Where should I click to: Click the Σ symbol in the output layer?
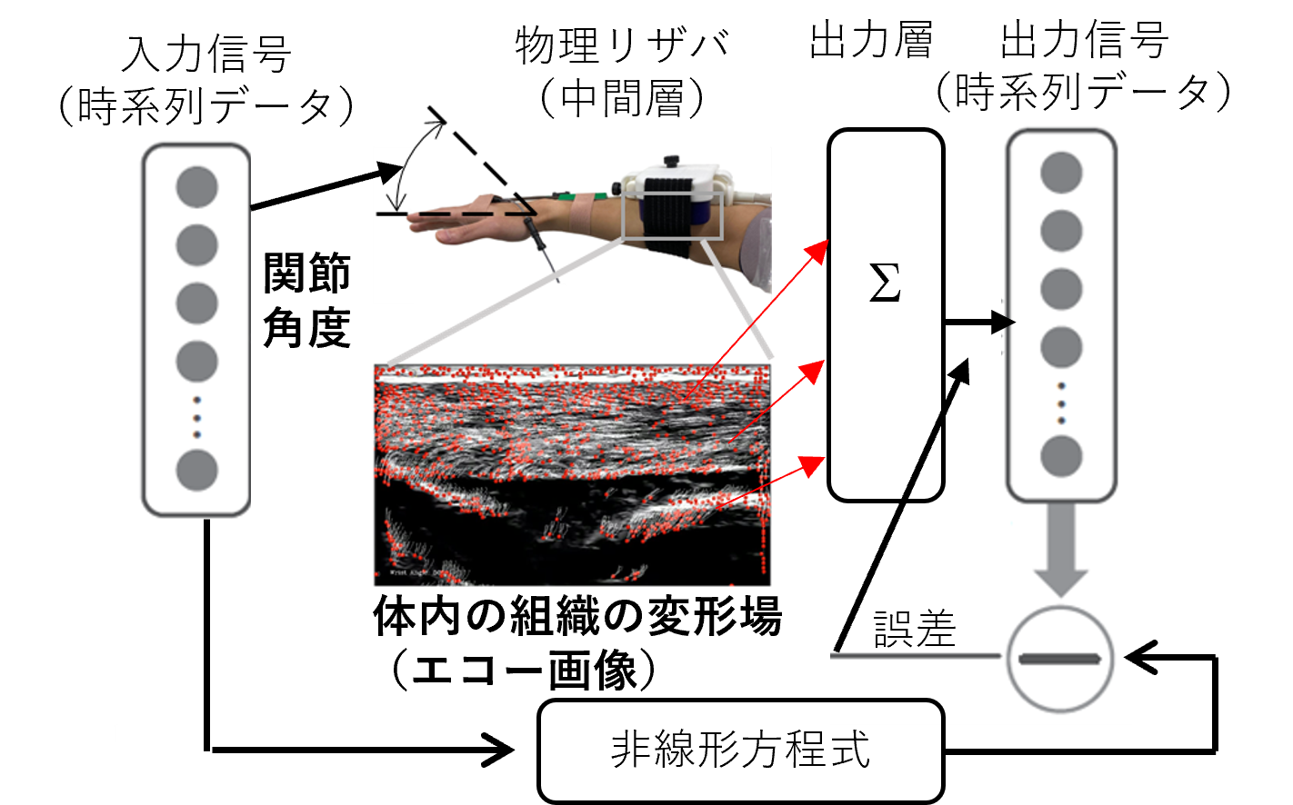[885, 283]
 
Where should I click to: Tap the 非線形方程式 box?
[740, 750]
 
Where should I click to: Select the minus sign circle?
[1060, 659]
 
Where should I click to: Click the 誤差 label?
[916, 629]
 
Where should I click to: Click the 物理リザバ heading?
[622, 45]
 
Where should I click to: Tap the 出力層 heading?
[872, 40]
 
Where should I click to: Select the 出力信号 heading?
[1085, 39]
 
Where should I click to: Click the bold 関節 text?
[307, 273]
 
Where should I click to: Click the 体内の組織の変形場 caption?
[577, 616]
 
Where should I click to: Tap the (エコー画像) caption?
[523, 670]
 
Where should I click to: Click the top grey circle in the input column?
[196, 187]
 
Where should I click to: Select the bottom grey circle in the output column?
[1061, 456]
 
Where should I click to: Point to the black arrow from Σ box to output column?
[979, 322]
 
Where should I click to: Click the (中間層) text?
[622, 98]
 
